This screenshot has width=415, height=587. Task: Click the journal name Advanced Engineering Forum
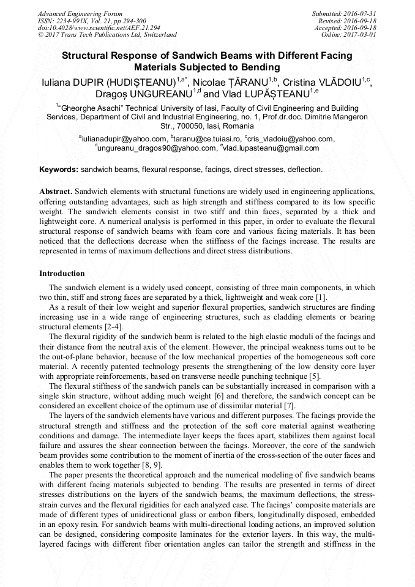pyautogui.click(x=80, y=13)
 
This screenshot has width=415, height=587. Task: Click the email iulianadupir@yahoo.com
pyautogui.click(x=124, y=139)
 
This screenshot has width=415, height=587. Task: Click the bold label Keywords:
pyautogui.click(x=59, y=169)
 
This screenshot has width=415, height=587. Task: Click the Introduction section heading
pyautogui.click(x=62, y=273)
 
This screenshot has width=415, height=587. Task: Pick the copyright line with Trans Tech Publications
pyautogui.click(x=107, y=35)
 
